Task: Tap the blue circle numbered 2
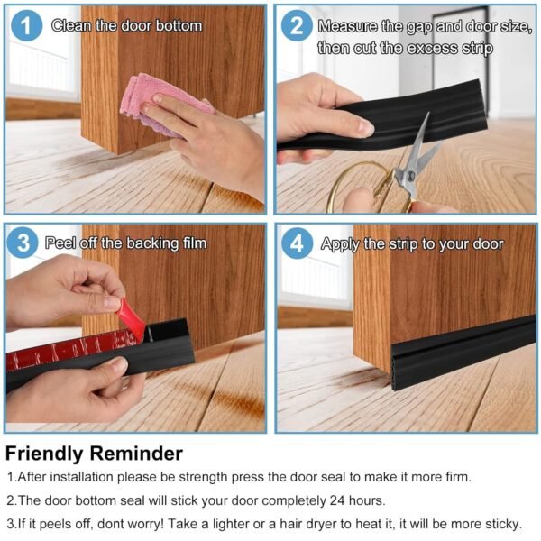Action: click(296, 26)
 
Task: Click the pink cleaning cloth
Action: click(158, 104)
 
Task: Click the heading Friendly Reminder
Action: click(94, 454)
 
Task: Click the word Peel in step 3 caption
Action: click(69, 243)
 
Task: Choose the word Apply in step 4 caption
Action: click(341, 243)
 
